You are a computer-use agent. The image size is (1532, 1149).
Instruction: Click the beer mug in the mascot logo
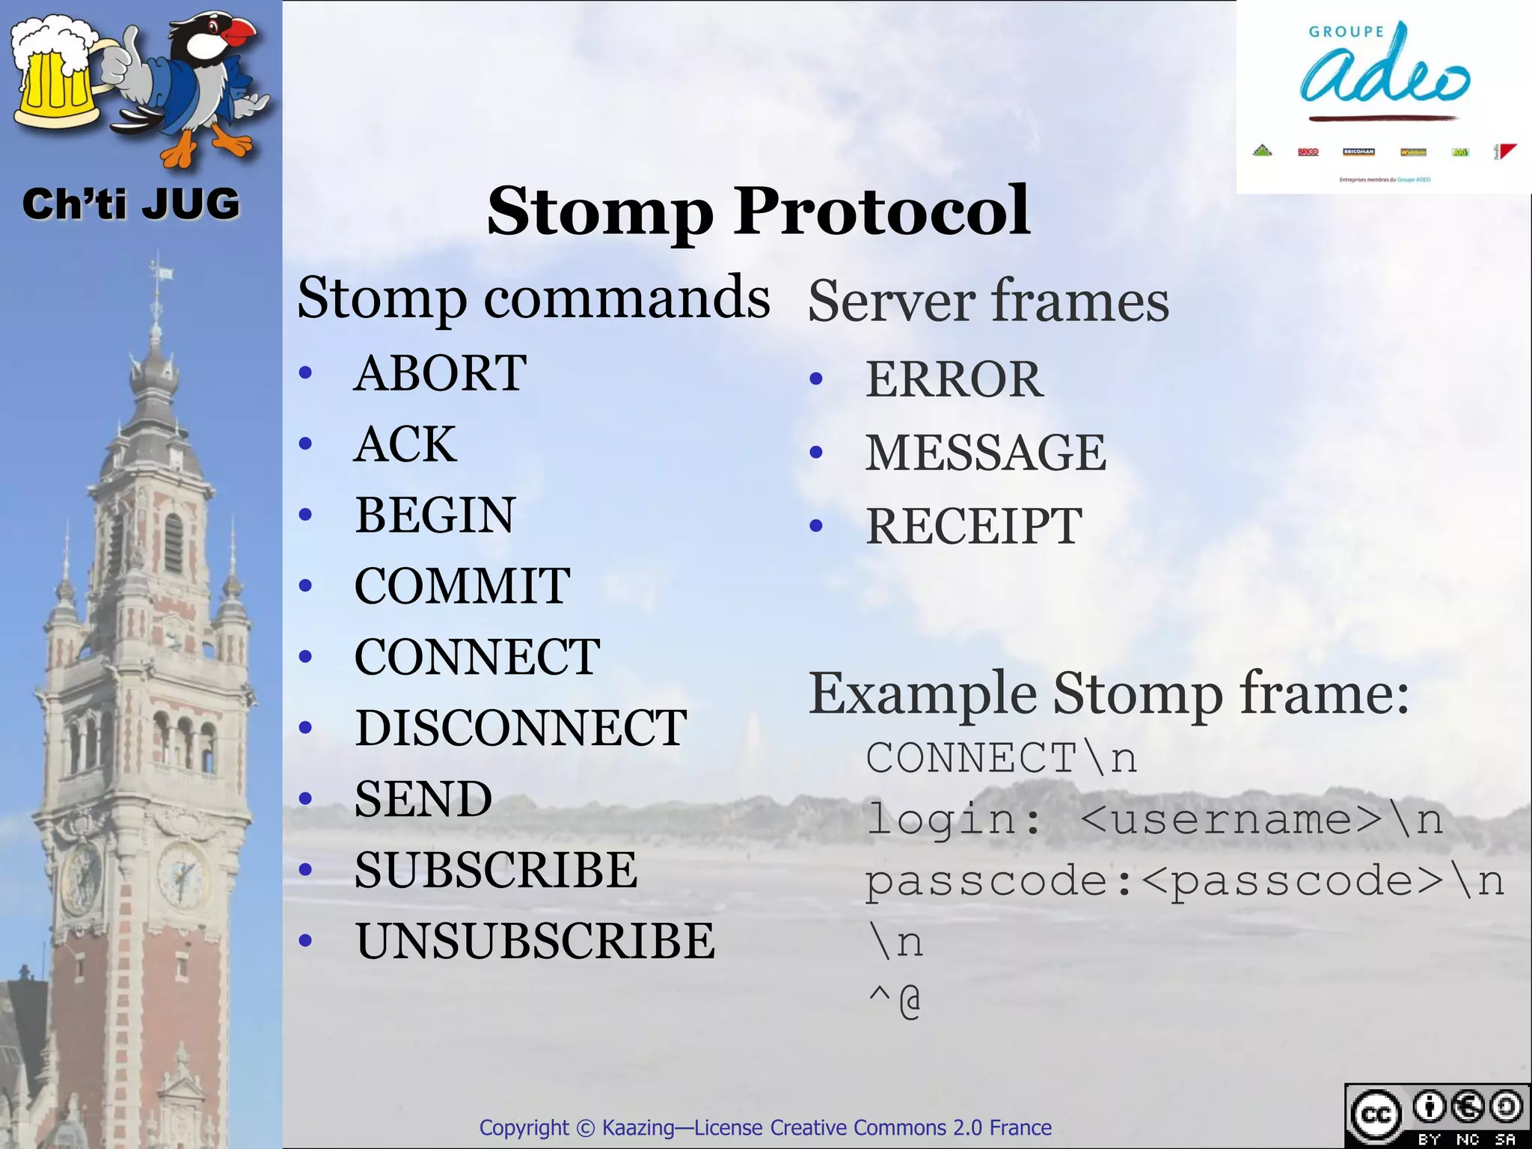pos(56,79)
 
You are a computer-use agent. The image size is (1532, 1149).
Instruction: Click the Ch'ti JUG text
pos(131,204)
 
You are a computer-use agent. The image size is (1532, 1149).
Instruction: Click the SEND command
pos(423,798)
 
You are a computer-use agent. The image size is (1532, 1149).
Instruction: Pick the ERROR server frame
pos(954,379)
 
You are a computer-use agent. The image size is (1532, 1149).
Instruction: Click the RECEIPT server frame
pos(973,526)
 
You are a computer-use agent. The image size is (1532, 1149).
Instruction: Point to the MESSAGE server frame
pos(985,453)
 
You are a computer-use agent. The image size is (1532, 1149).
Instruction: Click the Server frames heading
pos(987,301)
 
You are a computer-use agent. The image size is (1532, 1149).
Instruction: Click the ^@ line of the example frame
pos(895,1002)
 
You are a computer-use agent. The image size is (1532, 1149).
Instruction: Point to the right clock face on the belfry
pos(182,873)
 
